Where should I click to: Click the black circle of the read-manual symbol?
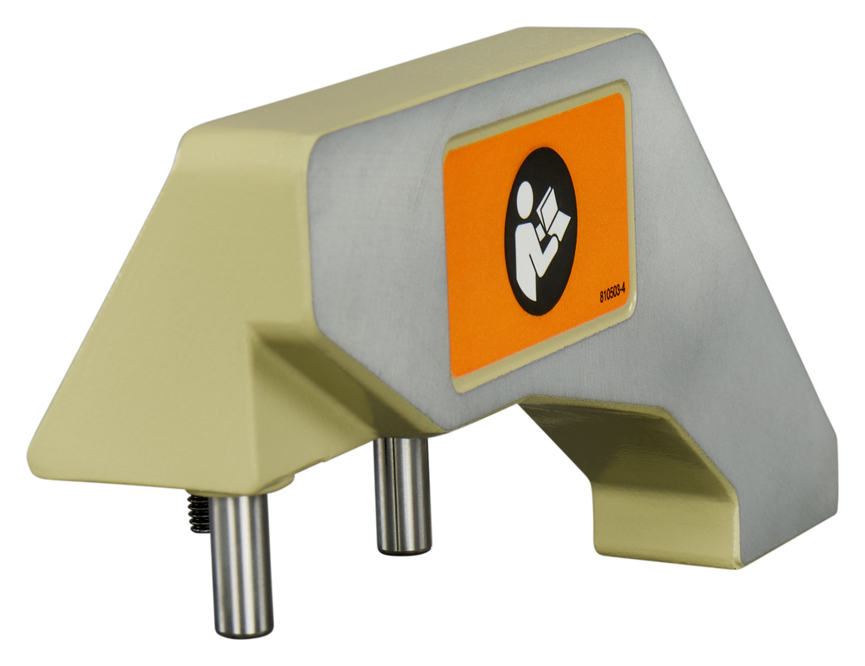[x=540, y=231]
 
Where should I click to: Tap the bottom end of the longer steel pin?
[x=242, y=634]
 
